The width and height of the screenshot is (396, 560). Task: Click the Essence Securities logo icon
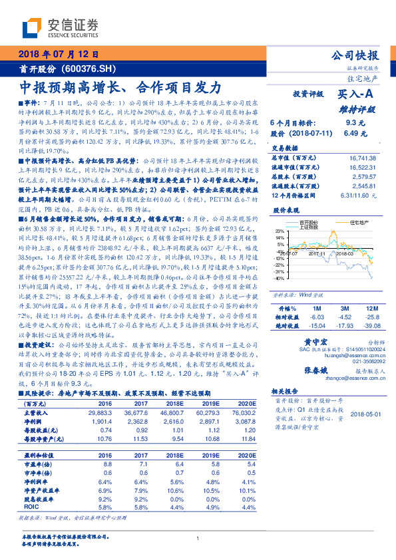[31, 29]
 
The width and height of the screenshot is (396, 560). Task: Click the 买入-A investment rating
[357, 94]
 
